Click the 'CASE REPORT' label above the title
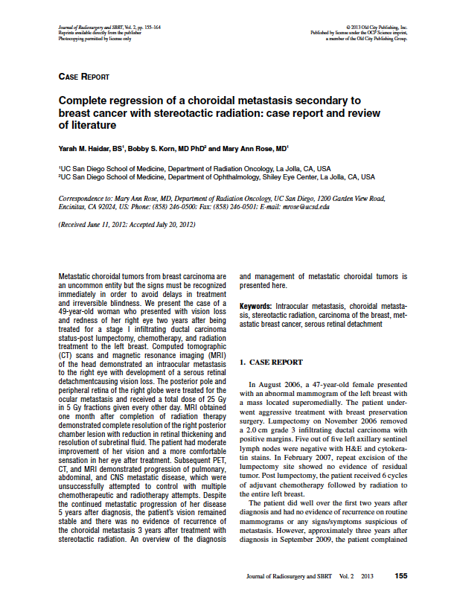(x=83, y=77)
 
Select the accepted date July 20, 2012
(x=173, y=223)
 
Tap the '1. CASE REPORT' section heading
(x=271, y=362)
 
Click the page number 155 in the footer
(x=400, y=576)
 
